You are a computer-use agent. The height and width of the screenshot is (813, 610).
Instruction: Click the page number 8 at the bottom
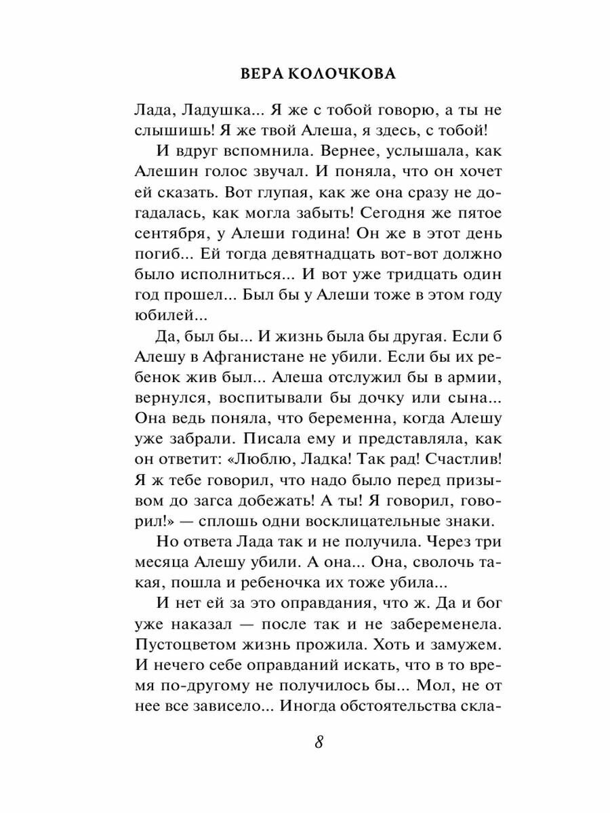coord(319,741)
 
